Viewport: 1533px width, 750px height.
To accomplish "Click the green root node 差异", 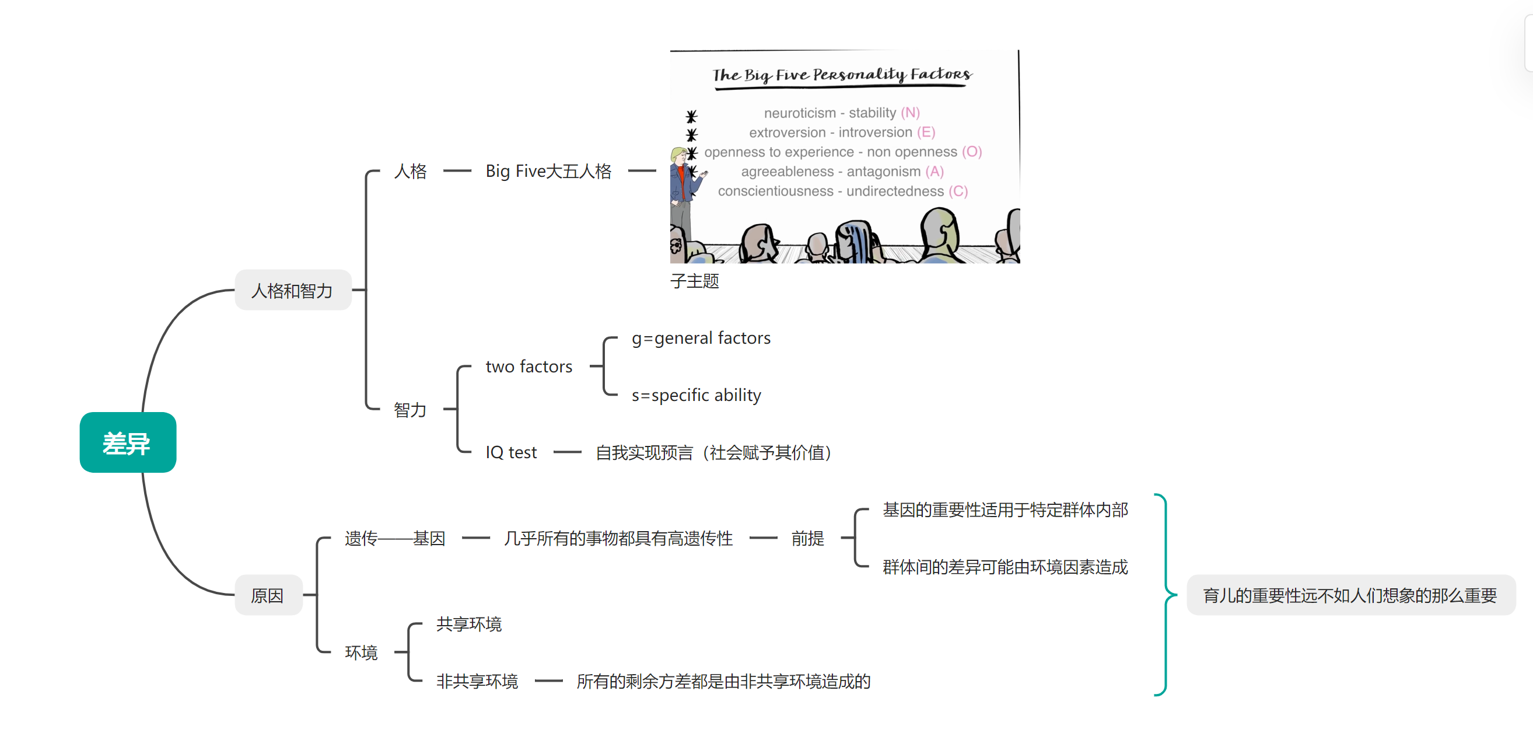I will [127, 443].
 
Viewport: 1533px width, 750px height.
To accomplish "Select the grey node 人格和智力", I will [292, 291].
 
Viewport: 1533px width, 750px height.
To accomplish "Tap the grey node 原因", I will [267, 595].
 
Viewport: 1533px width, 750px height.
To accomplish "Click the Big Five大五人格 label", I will [548, 172].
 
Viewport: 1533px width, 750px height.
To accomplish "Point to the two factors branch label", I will [528, 367].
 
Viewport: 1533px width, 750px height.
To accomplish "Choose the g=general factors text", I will [701, 338].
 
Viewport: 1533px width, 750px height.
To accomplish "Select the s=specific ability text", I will [696, 395].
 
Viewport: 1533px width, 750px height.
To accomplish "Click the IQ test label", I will [510, 452].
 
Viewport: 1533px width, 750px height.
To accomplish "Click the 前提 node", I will [807, 538].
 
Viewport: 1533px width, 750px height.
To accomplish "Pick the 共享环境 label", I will [468, 624].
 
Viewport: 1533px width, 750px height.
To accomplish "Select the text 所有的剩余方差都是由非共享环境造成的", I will [723, 681].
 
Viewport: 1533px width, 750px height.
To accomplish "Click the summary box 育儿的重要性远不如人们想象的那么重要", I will [1350, 595].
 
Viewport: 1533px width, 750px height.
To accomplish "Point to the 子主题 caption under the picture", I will [694, 281].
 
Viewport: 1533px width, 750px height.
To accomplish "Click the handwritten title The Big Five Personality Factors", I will [842, 75].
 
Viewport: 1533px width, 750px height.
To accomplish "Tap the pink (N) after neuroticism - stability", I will [910, 113].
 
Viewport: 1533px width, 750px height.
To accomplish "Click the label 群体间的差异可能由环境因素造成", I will [1005, 567].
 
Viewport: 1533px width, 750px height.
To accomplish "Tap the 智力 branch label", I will [409, 410].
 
